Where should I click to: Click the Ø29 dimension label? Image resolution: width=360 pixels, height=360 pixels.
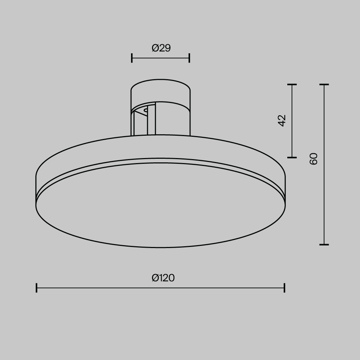tap(161, 48)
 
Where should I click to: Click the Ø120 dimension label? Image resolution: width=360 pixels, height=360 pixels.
tap(163, 278)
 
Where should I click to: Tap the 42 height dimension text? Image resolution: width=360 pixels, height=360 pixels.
tap(282, 120)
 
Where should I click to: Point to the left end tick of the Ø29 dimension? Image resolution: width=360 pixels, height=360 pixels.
tap(132, 58)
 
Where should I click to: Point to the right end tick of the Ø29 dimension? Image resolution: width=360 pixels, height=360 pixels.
tap(189, 58)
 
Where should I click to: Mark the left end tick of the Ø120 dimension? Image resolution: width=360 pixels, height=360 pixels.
tap(37, 288)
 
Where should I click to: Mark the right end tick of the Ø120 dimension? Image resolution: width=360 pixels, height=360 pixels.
tap(284, 288)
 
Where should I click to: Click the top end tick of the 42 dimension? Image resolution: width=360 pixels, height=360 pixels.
tap(292, 85)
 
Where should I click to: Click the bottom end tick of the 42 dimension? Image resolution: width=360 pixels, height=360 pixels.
tap(292, 157)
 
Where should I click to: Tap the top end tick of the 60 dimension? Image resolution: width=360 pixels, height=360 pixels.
tap(324, 85)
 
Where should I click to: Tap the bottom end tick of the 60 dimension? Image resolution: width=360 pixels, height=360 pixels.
tap(324, 244)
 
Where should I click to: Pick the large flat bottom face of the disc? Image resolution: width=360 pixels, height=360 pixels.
tap(161, 205)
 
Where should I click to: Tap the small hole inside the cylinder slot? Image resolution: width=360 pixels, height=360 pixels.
tap(145, 110)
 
